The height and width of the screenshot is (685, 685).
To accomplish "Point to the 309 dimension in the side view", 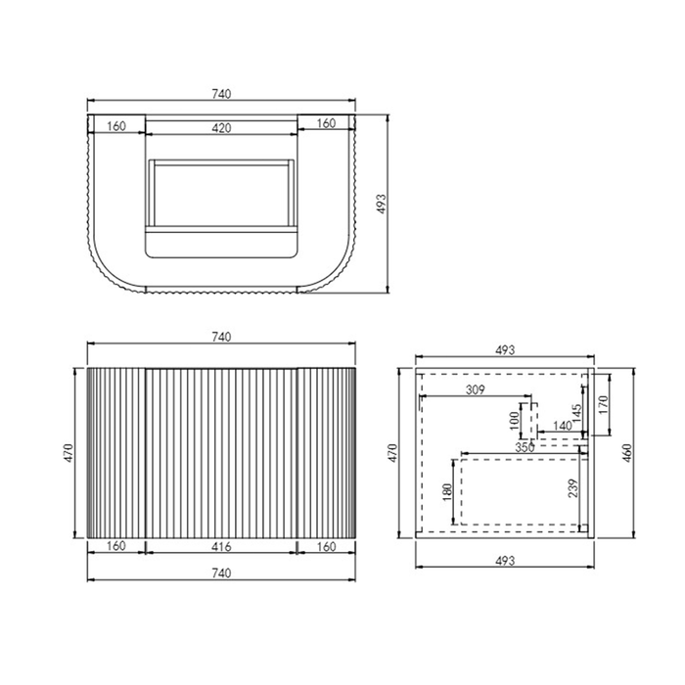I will click(x=476, y=389).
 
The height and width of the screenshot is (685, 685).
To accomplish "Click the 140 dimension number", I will click(x=562, y=426).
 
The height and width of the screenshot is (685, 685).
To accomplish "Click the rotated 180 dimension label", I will click(x=447, y=493).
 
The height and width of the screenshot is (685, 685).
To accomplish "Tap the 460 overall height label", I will click(x=627, y=452).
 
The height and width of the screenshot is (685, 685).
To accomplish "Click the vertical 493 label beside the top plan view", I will click(x=383, y=204).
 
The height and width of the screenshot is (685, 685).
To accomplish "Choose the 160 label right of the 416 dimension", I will click(x=327, y=547).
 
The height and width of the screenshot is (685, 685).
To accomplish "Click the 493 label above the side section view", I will click(x=504, y=348).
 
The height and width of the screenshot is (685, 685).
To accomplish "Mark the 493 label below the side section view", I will click(x=504, y=561).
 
